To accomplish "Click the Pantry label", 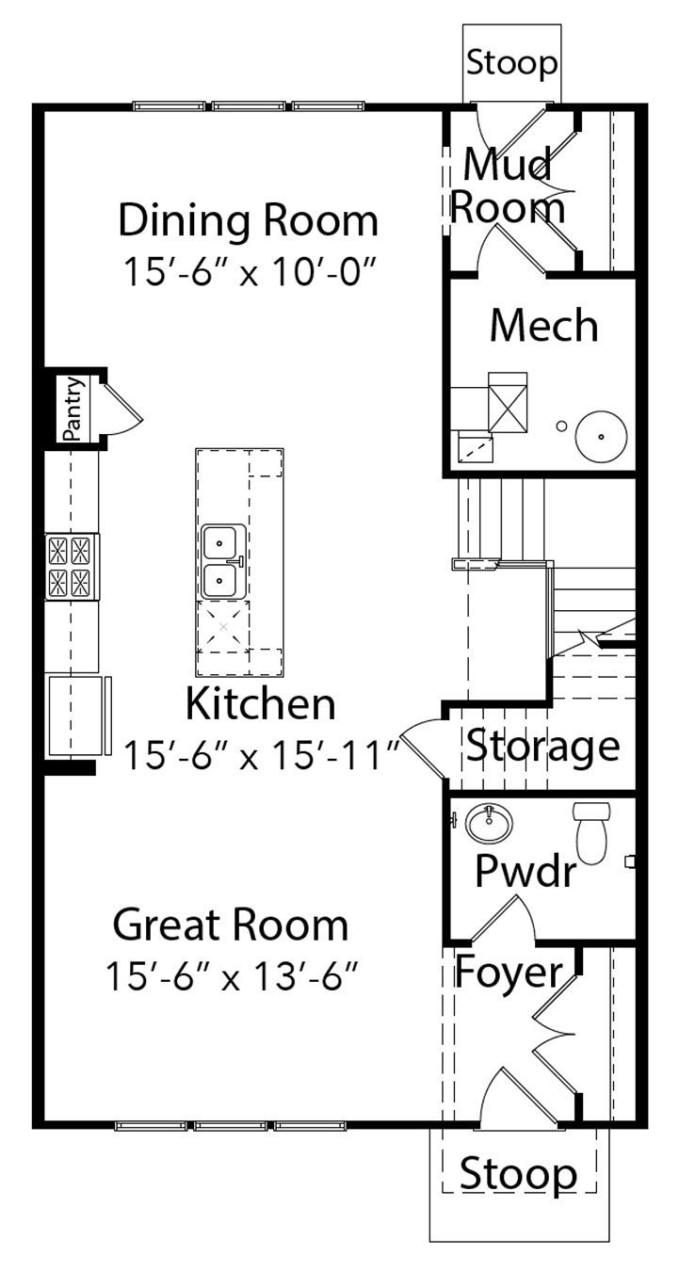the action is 73,409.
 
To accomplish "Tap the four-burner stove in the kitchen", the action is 73,566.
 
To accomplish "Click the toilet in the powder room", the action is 591,833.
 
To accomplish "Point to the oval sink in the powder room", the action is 489,823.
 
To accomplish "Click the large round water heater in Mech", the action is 601,437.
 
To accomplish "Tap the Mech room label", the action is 544,326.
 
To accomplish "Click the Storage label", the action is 542,747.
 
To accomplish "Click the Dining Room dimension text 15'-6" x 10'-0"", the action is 251,272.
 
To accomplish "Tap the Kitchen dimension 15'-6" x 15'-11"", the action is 262,755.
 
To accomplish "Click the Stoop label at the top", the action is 511,62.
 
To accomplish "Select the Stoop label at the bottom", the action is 518,1175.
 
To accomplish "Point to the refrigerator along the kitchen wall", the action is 78,715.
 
